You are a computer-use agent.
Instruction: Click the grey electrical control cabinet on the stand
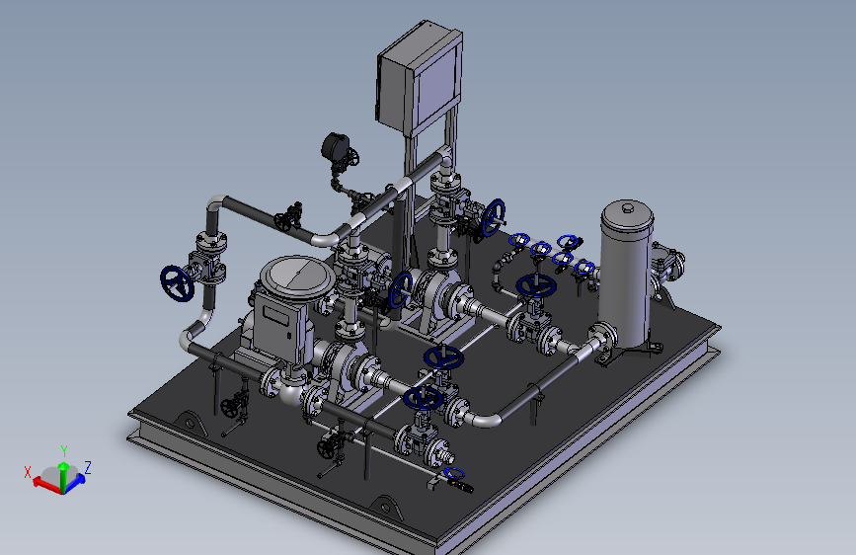420,78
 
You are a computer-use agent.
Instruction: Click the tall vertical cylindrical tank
626,274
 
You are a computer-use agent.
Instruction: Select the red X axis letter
28,472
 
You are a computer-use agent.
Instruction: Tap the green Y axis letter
64,451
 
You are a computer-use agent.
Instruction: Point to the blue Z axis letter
87,467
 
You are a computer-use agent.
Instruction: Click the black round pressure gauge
335,146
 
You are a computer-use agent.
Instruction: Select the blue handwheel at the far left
177,283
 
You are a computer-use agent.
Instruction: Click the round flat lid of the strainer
297,277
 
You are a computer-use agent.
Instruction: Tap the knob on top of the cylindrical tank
628,207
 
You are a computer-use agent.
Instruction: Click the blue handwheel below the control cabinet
493,217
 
